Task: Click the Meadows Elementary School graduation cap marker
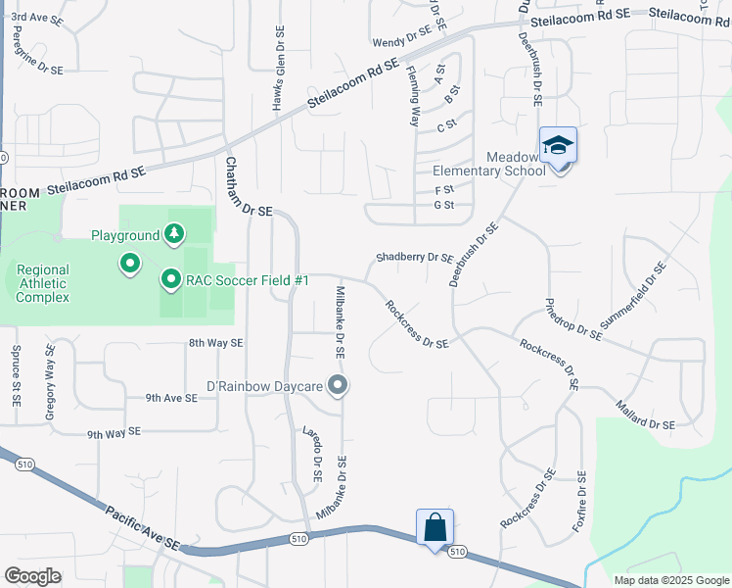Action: [558, 146]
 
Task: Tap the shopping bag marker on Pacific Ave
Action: [435, 528]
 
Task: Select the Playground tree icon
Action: [173, 234]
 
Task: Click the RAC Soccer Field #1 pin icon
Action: [170, 281]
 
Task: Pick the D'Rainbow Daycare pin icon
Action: [338, 386]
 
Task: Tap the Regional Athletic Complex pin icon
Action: [129, 264]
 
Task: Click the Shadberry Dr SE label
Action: [415, 258]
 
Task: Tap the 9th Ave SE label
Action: [171, 398]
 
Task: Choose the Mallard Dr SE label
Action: [645, 415]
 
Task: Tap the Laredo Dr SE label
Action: [312, 454]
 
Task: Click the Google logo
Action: [33, 576]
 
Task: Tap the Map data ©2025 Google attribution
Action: [670, 580]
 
